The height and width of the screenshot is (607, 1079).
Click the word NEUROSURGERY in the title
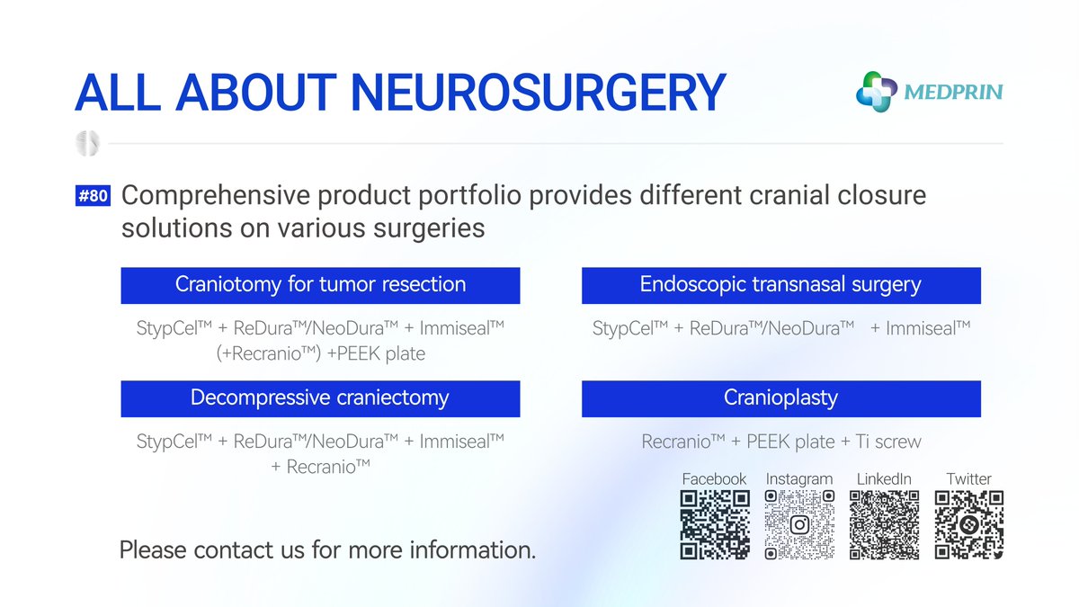(x=538, y=92)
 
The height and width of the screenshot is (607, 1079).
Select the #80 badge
(x=93, y=196)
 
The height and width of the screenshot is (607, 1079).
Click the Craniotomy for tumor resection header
(x=320, y=285)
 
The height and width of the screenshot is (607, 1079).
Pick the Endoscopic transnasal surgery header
(x=780, y=285)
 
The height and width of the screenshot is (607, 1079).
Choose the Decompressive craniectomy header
(x=320, y=397)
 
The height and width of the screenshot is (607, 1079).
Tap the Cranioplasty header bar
(x=780, y=397)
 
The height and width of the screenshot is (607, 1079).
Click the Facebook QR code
(x=715, y=524)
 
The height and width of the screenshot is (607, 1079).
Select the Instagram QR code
(x=799, y=524)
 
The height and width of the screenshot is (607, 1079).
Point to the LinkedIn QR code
(x=884, y=524)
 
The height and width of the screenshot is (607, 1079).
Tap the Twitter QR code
(x=968, y=524)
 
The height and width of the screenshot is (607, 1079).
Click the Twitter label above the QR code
(x=968, y=478)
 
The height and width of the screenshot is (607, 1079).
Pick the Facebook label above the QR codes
(x=714, y=478)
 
